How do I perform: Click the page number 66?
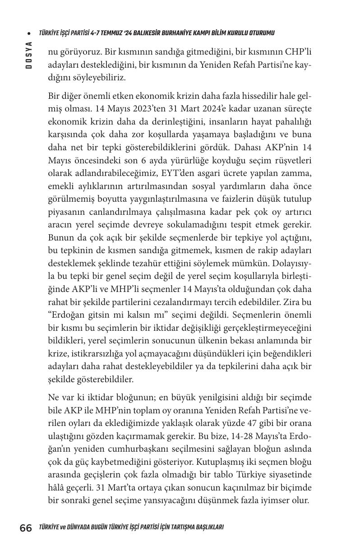point(25,528)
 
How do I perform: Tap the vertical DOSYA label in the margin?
point(28,55)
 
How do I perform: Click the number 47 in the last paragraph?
point(253,423)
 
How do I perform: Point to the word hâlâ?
point(57,488)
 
